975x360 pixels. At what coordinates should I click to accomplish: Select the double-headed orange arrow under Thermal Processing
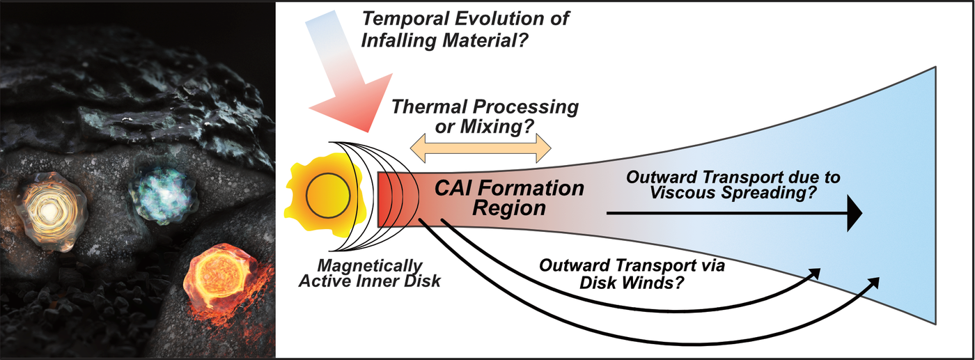[x=481, y=147]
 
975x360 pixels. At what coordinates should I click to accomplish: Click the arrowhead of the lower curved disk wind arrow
[x=874, y=282]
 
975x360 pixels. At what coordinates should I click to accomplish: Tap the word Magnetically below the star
[x=369, y=266]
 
